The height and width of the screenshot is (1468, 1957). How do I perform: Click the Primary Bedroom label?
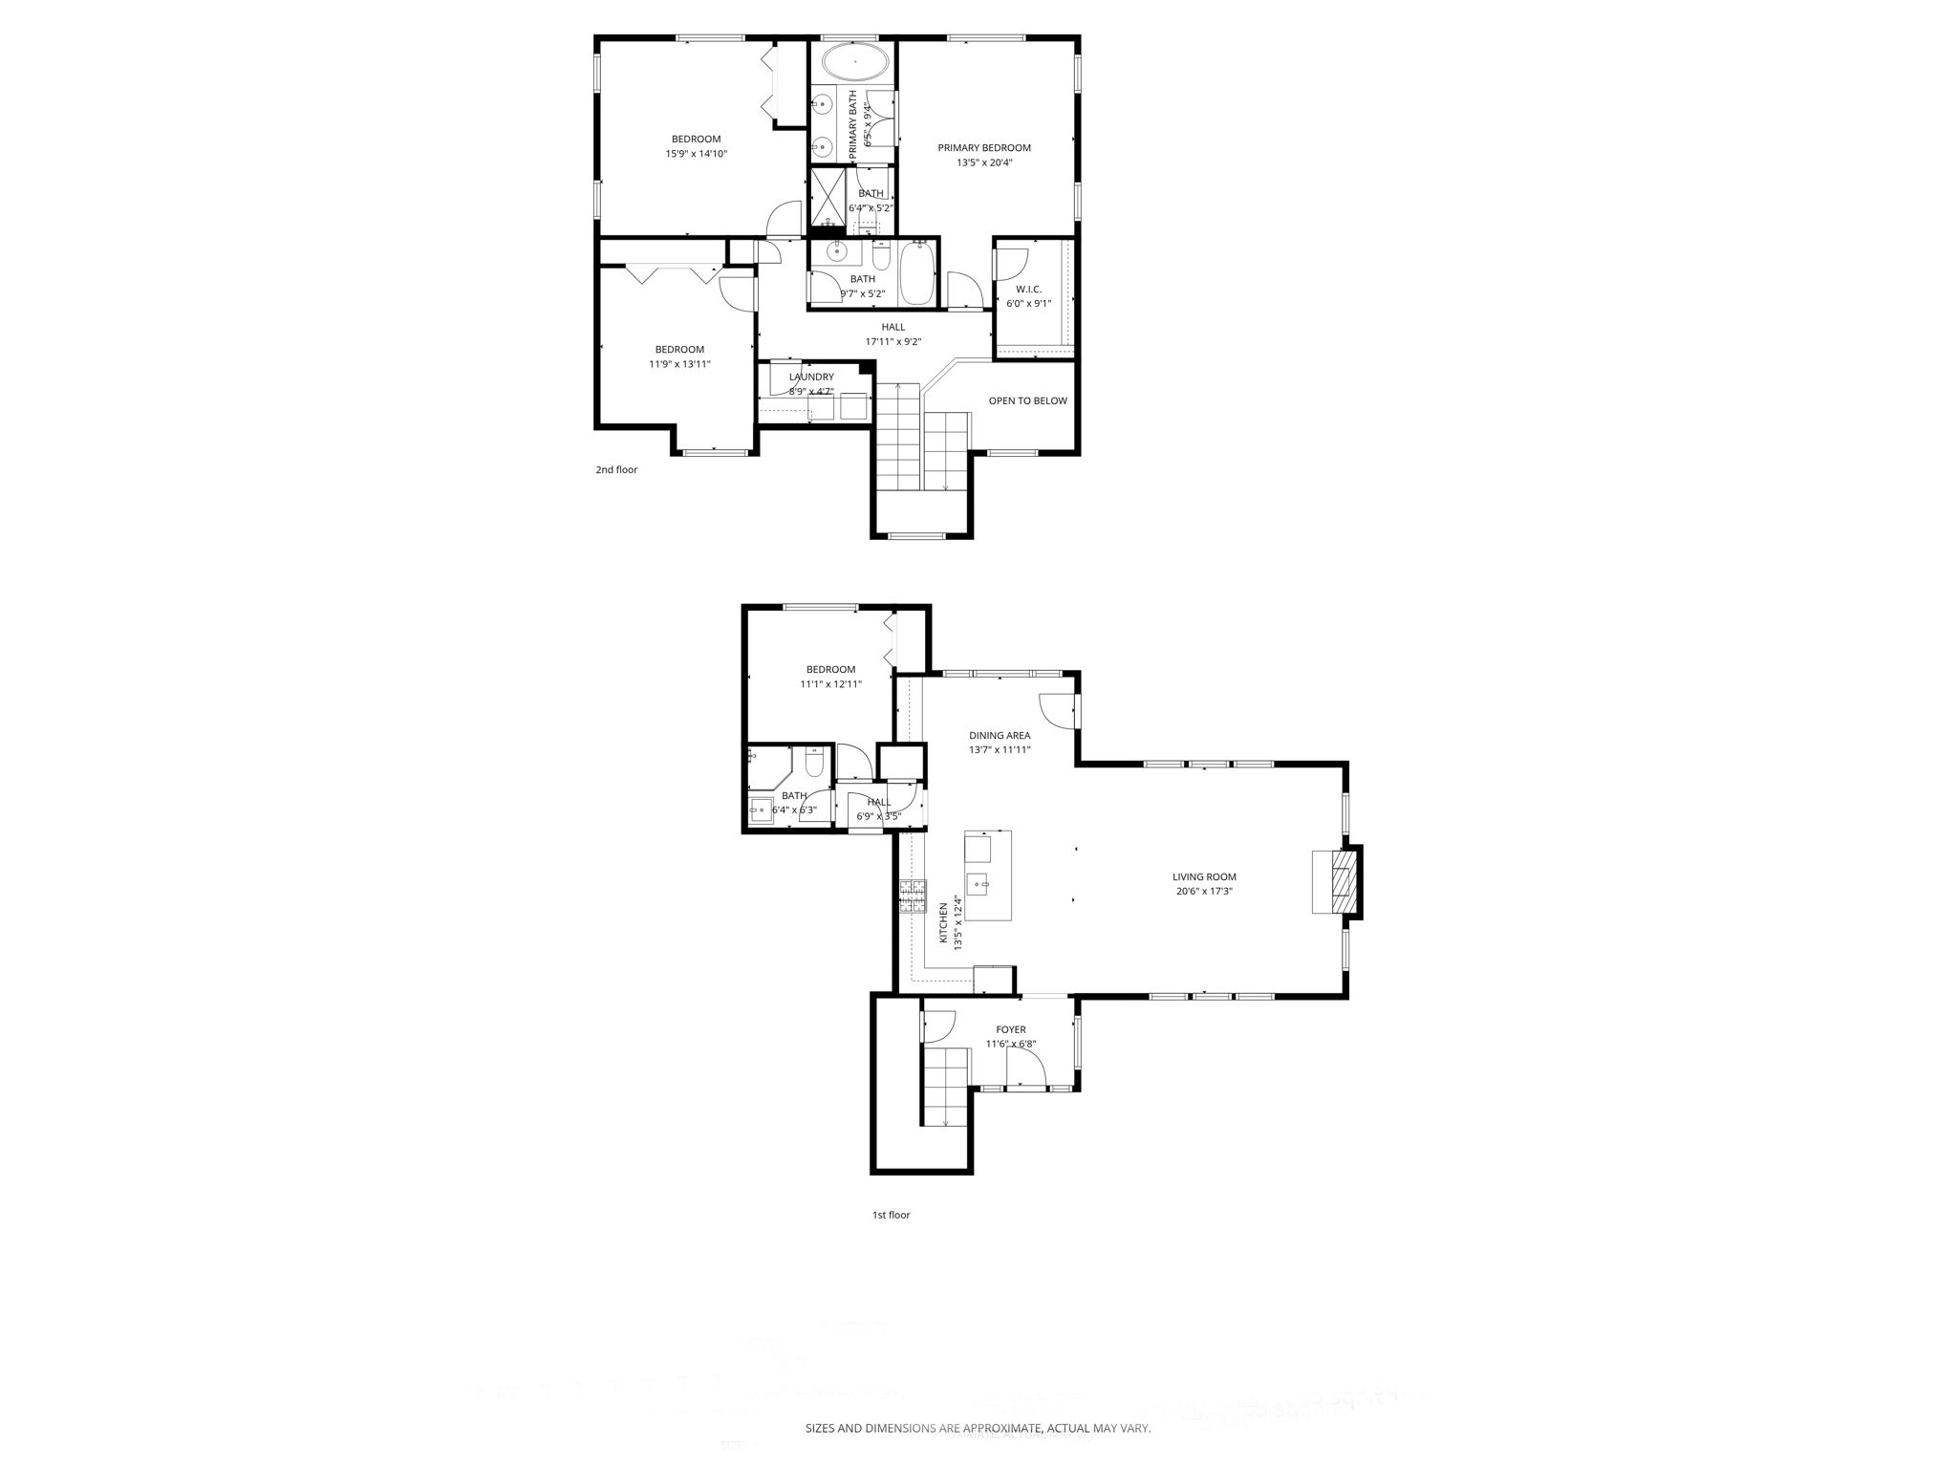tap(984, 148)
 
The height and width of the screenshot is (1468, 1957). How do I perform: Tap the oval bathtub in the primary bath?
tap(855, 61)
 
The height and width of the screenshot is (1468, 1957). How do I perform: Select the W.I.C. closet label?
tap(1028, 290)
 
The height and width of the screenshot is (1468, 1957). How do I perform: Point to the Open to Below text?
tap(1027, 400)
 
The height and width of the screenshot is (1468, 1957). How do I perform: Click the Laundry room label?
tap(811, 377)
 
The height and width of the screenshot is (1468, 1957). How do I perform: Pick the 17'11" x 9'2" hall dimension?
tap(893, 341)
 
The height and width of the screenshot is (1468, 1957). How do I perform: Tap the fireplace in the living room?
tap(1343, 883)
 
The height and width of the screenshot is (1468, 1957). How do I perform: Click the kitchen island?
tap(988, 875)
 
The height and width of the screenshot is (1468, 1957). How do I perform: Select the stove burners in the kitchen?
tap(912, 896)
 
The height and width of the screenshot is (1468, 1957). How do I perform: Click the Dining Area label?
tap(1000, 735)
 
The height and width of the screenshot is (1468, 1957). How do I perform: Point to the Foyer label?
tap(1011, 1029)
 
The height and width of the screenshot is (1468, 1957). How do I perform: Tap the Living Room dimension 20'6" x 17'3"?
tap(1204, 891)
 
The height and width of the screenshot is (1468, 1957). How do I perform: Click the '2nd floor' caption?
tap(616, 469)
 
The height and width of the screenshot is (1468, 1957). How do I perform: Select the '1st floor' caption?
tap(891, 1215)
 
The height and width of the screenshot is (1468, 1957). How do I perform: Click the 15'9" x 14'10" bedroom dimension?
tap(697, 153)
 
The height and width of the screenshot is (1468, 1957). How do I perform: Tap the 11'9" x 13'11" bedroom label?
tap(679, 350)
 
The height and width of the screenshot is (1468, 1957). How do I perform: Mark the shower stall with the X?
tap(828, 198)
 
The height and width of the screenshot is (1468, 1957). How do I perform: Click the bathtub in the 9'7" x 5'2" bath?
tap(916, 272)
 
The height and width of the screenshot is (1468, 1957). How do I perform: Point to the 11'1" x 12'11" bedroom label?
tap(830, 670)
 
